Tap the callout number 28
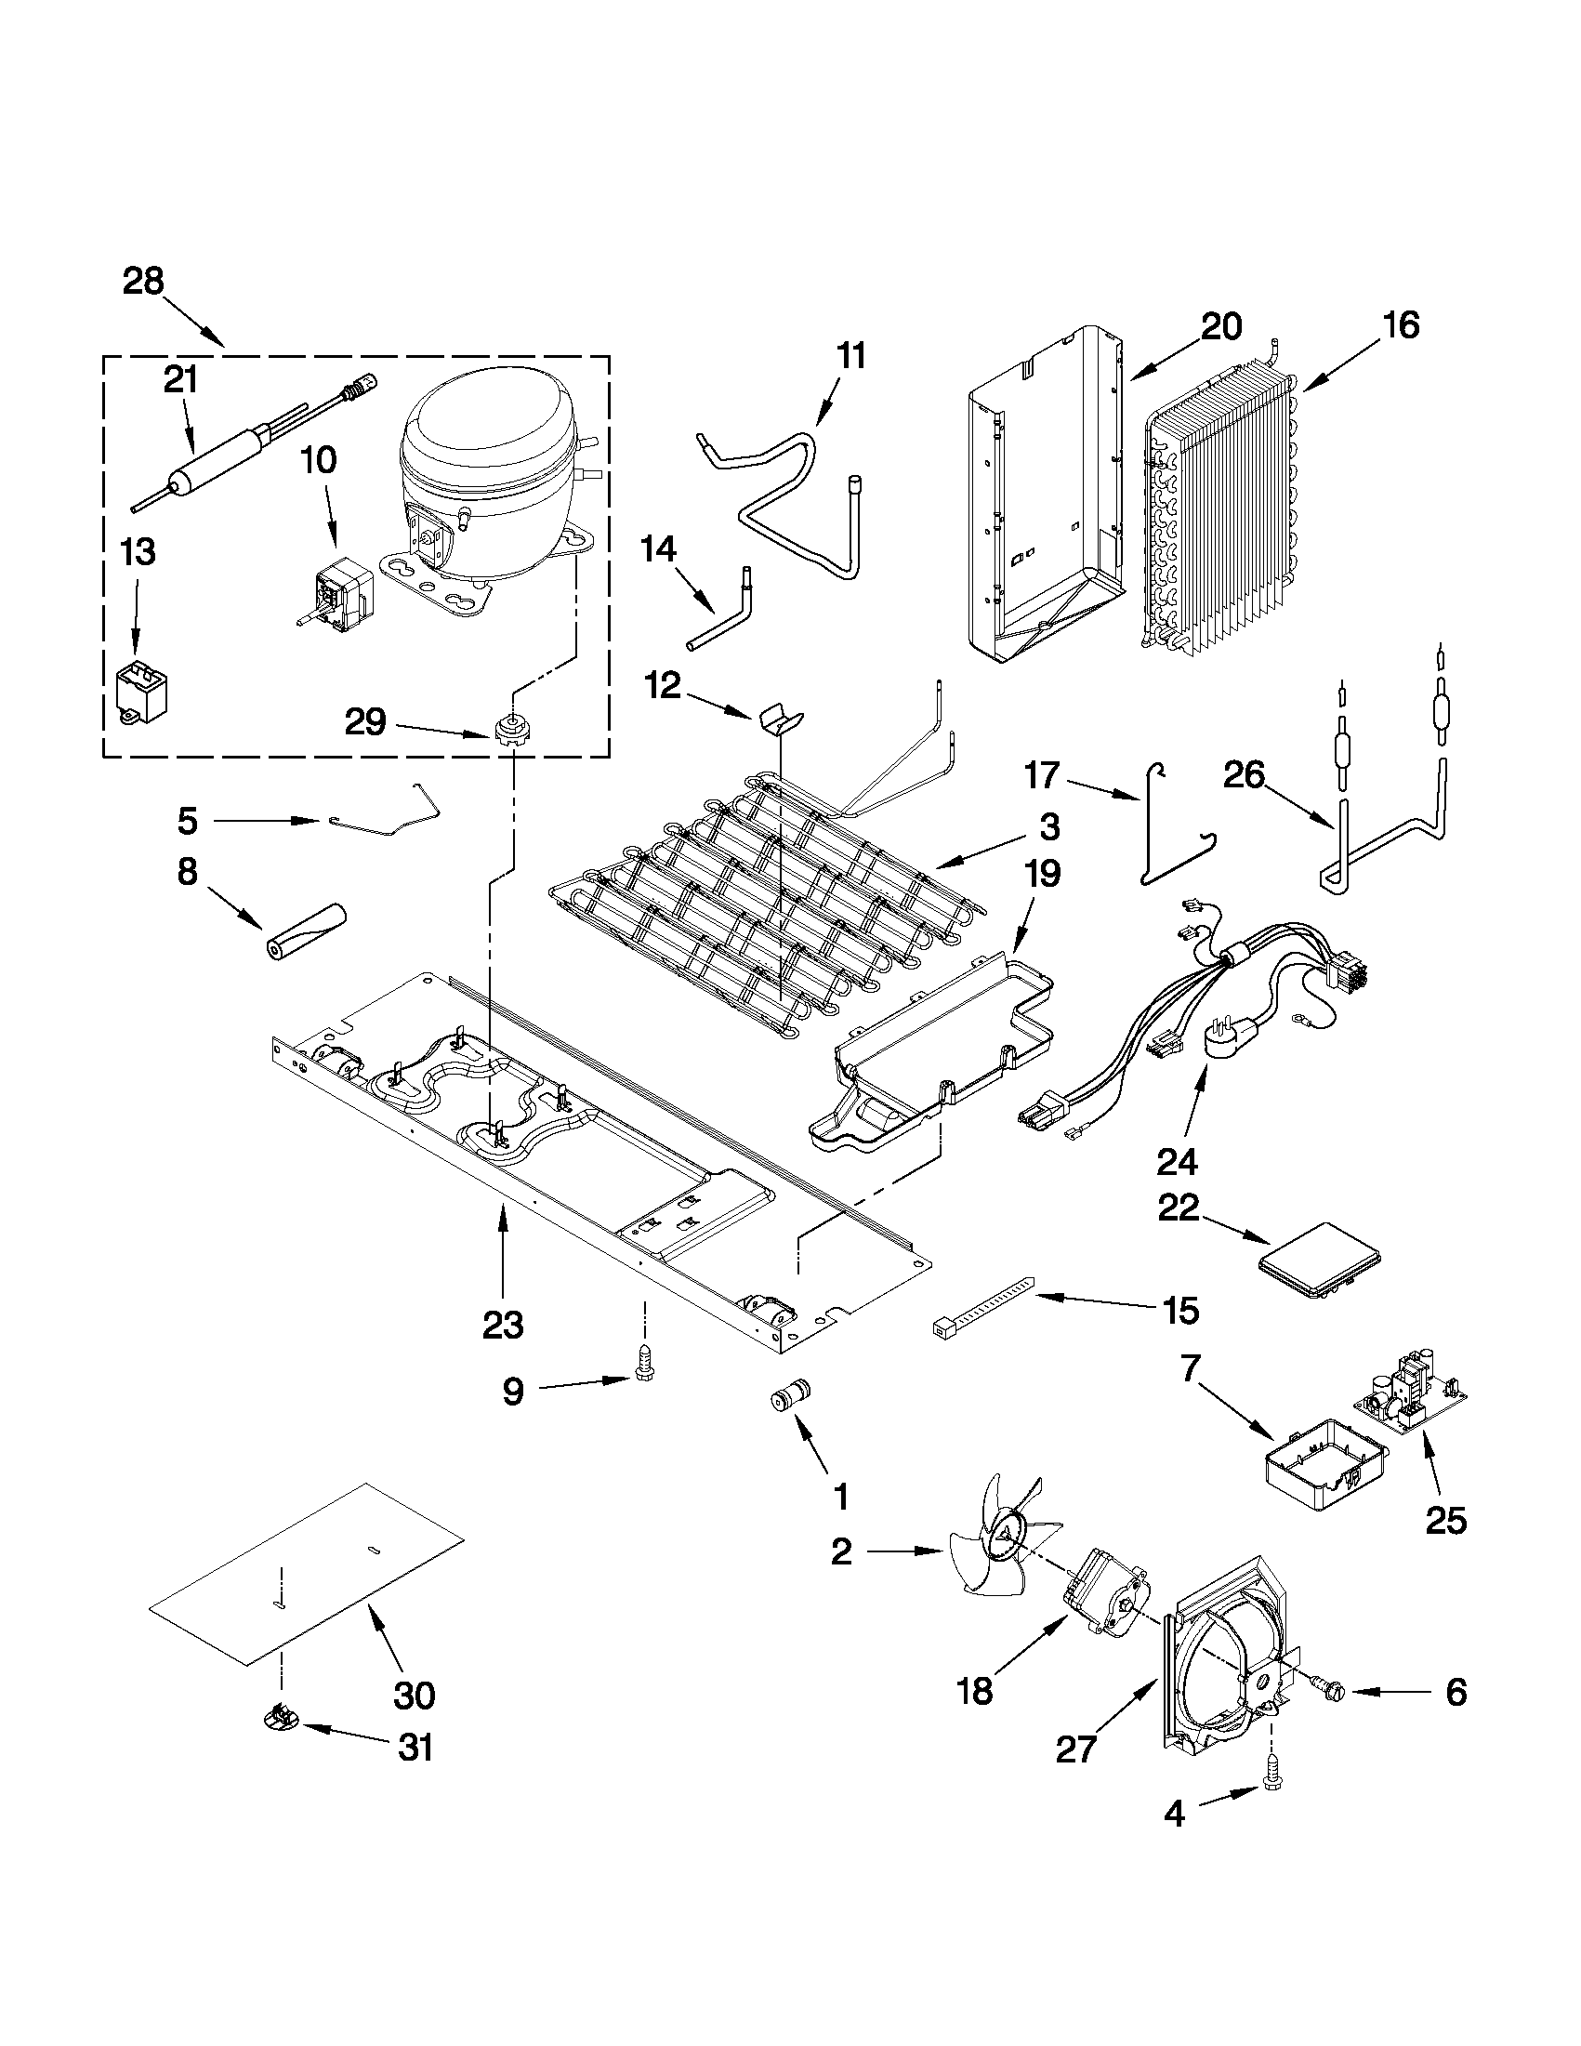tap(143, 281)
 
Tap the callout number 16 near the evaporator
tap(1402, 325)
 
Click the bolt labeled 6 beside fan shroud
tap(1327, 1690)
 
